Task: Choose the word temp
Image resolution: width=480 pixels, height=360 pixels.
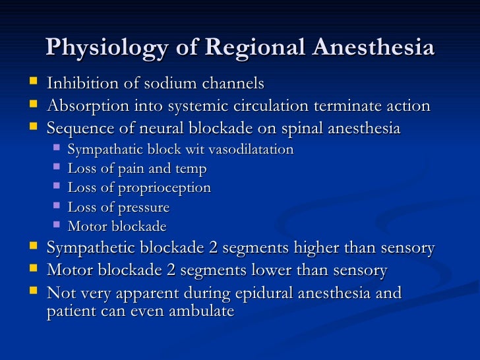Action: coord(191,169)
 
